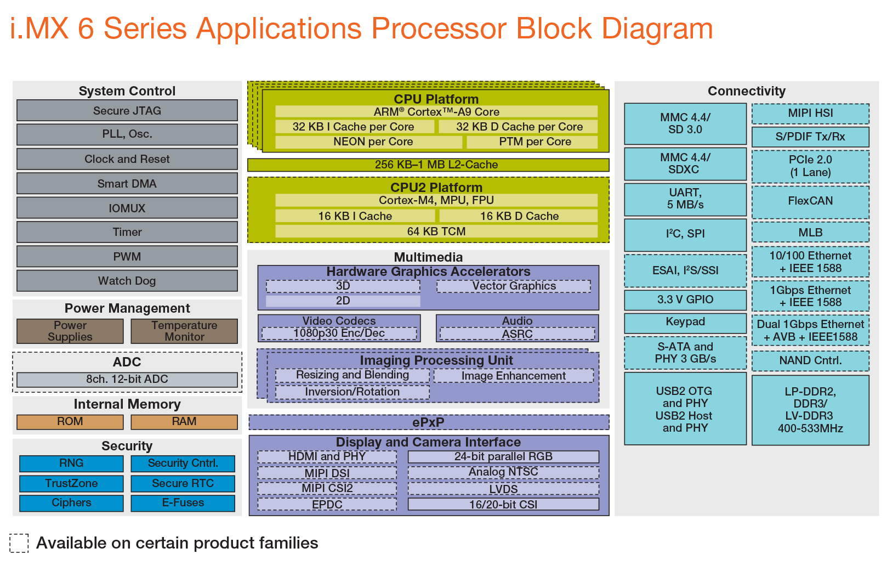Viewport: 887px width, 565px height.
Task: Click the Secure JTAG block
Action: (127, 111)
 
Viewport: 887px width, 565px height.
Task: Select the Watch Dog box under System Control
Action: (127, 281)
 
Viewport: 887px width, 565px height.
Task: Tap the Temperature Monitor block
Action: (184, 331)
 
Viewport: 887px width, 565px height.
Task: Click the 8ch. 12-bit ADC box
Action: (127, 380)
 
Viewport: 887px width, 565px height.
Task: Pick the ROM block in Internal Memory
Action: (70, 422)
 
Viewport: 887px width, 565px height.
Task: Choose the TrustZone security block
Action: (71, 483)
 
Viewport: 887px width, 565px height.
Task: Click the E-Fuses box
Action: (183, 503)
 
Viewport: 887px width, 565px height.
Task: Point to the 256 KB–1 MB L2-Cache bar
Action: (428, 165)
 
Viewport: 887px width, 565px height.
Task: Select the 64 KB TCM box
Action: (436, 231)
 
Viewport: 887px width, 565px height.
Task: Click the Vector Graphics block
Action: (514, 286)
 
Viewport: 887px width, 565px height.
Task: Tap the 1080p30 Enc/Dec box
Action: (339, 333)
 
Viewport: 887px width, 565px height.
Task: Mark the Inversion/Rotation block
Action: (352, 392)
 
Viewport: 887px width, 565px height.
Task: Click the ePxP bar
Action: (428, 422)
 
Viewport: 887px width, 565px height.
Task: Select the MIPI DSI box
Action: (327, 473)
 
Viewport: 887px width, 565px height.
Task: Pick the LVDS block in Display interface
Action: (503, 489)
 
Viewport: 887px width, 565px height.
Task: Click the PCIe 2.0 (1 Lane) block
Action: (810, 166)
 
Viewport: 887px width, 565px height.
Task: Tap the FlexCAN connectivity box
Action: (810, 201)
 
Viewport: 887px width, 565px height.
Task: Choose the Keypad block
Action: (685, 323)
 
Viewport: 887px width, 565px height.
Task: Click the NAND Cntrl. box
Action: (810, 360)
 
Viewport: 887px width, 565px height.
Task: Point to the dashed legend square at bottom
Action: (19, 543)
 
